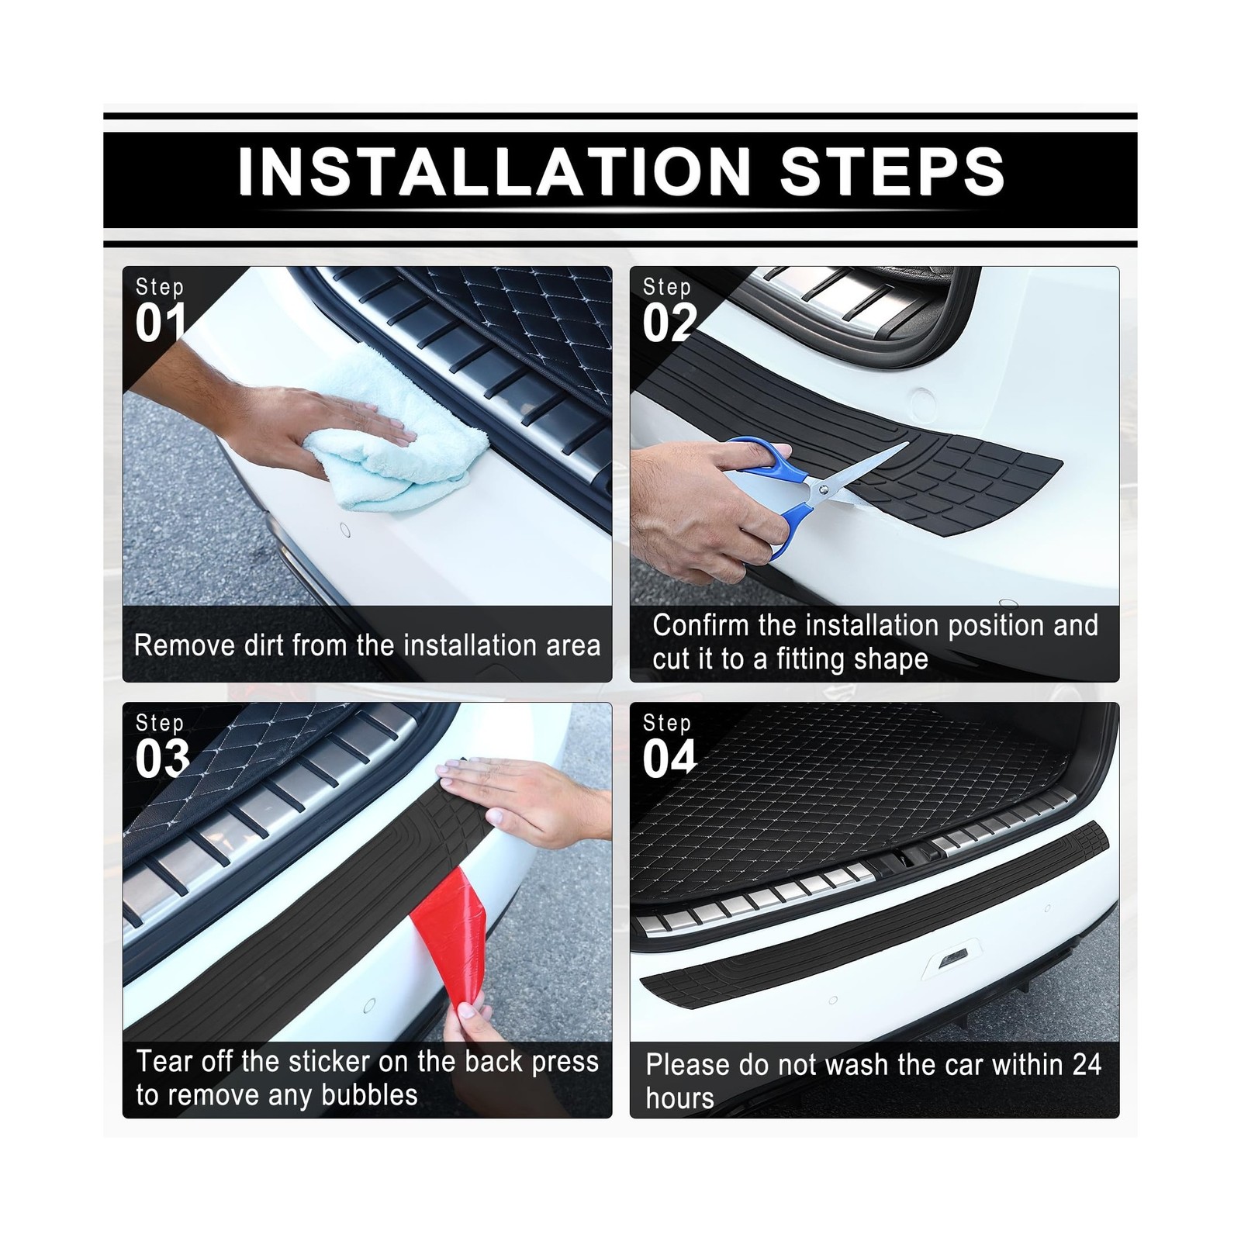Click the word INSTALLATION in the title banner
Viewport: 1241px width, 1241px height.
coord(495,171)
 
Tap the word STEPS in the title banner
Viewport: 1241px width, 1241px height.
coord(893,171)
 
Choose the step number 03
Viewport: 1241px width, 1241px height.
coord(162,759)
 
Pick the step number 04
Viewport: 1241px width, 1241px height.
coord(669,759)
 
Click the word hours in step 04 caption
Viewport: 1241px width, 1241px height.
coord(679,1098)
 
